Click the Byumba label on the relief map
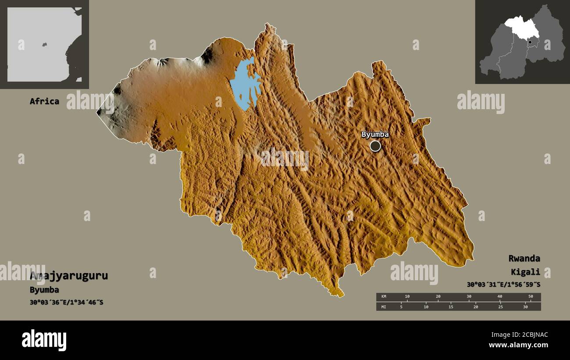[x=375, y=135]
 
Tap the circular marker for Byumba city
[x=375, y=146]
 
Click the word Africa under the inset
[x=44, y=101]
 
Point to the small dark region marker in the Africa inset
[x=44, y=44]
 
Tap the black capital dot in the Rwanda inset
[x=530, y=42]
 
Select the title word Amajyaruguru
[x=69, y=276]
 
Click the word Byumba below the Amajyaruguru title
[x=44, y=290]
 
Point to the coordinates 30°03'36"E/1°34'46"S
[x=67, y=302]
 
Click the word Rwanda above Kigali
[x=524, y=258]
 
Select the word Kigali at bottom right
[x=525, y=272]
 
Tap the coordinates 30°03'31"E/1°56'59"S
[x=503, y=285]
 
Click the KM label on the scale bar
[x=384, y=297]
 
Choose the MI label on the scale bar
[x=384, y=307]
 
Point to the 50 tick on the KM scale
[x=531, y=297]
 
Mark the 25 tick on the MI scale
[x=500, y=307]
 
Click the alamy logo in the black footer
[x=44, y=340]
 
